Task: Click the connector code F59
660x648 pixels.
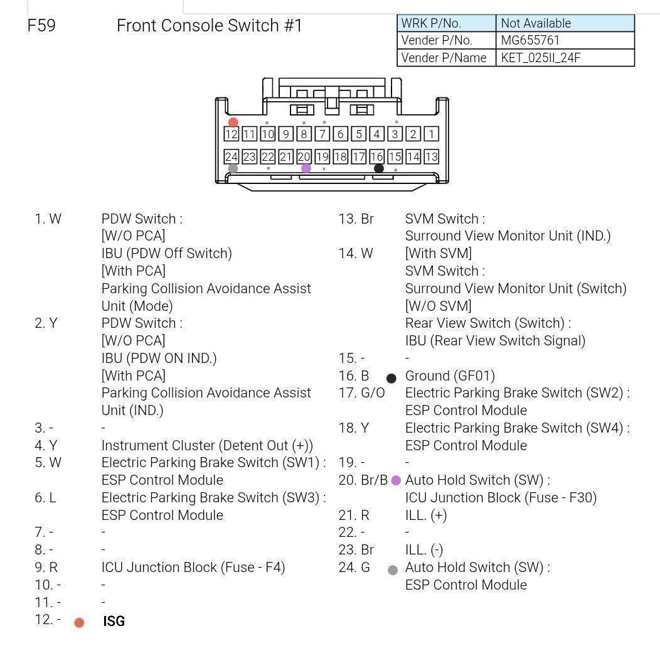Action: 41,26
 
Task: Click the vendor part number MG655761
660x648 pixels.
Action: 530,40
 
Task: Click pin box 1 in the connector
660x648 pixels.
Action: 432,134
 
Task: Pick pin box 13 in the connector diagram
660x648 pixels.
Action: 432,157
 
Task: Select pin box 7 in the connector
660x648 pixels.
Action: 322,134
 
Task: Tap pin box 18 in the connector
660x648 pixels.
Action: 341,157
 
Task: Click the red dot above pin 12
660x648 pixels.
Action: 233,122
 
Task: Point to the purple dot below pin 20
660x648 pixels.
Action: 306,168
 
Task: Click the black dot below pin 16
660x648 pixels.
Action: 379,168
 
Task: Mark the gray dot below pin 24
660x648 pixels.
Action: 233,168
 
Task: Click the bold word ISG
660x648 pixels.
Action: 114,621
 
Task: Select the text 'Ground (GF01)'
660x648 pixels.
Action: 450,375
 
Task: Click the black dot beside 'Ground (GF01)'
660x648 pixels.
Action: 391,379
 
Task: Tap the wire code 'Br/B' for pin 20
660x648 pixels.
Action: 374,480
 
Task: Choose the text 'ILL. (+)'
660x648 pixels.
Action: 426,515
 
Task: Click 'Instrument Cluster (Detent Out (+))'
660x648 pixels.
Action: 207,445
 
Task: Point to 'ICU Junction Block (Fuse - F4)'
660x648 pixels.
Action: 193,567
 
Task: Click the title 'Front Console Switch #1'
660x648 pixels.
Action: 209,26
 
